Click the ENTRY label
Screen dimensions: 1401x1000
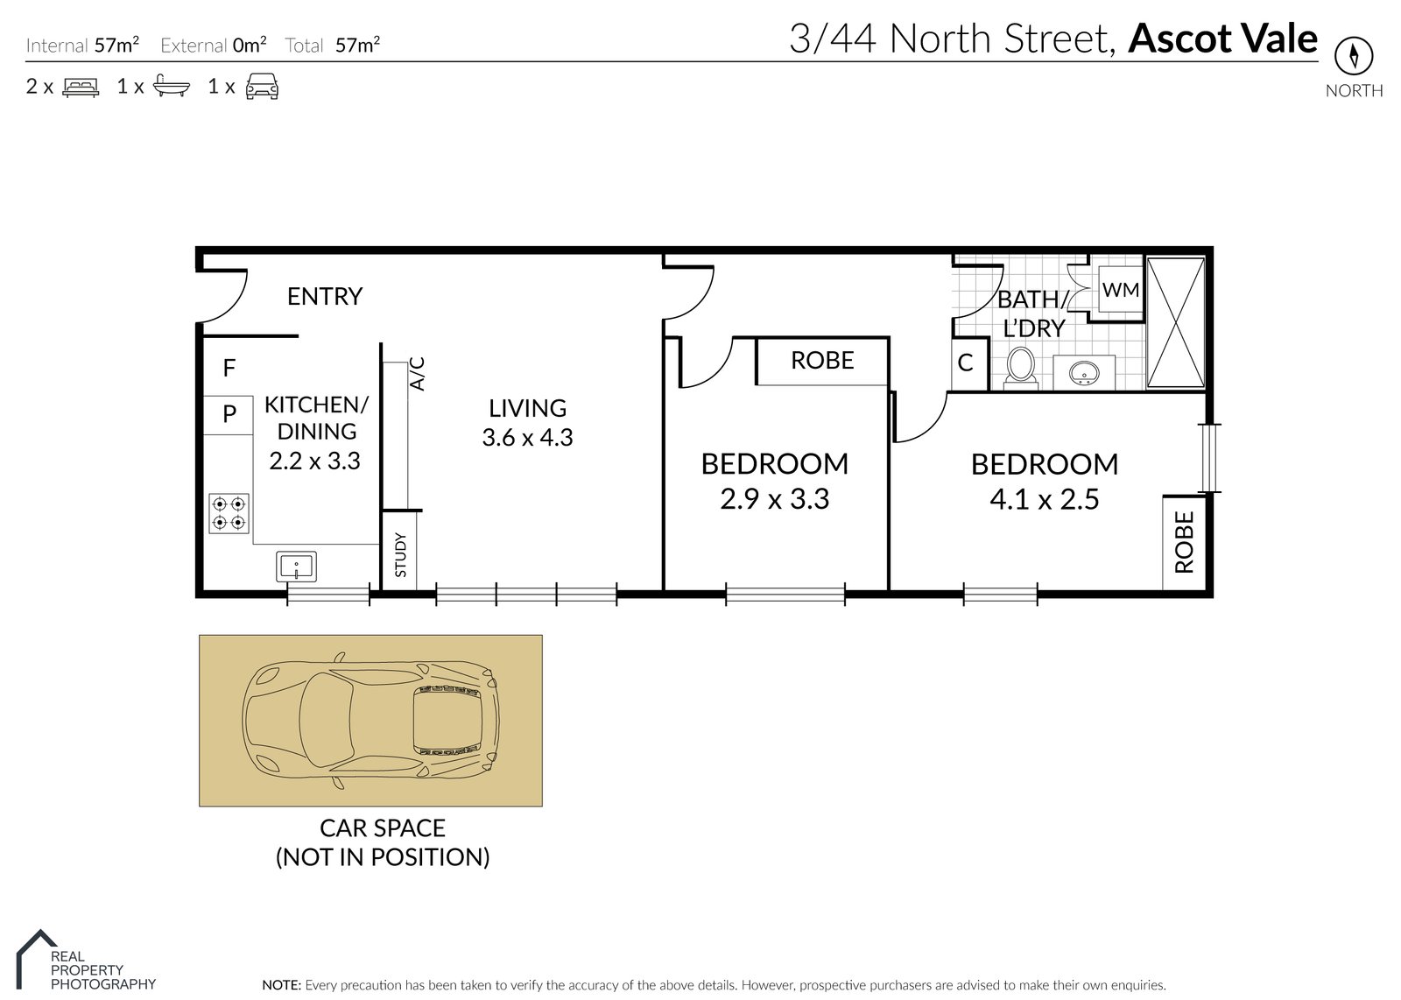[325, 297]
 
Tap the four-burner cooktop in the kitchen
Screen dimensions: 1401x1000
[229, 513]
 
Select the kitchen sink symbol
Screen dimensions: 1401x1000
[297, 567]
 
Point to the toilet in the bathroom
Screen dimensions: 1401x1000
[1021, 368]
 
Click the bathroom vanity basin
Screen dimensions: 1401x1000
[1085, 374]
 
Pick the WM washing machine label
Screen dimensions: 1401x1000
[1121, 290]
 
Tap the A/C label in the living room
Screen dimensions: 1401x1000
[417, 374]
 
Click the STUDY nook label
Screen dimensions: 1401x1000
[401, 554]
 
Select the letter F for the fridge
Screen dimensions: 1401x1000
[229, 368]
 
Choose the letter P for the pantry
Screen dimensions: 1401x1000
[229, 413]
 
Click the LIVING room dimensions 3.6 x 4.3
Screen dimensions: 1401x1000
[527, 437]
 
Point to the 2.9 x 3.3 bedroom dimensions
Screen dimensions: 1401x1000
[774, 499]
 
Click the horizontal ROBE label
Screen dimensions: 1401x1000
[822, 360]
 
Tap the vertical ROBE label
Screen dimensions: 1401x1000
[1185, 542]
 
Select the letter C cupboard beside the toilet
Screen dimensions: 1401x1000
[966, 363]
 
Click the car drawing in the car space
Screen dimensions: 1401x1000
[371, 720]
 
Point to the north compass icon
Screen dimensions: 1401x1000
[1354, 56]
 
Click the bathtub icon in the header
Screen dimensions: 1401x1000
[172, 86]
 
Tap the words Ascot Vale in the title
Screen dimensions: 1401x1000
[1222, 39]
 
